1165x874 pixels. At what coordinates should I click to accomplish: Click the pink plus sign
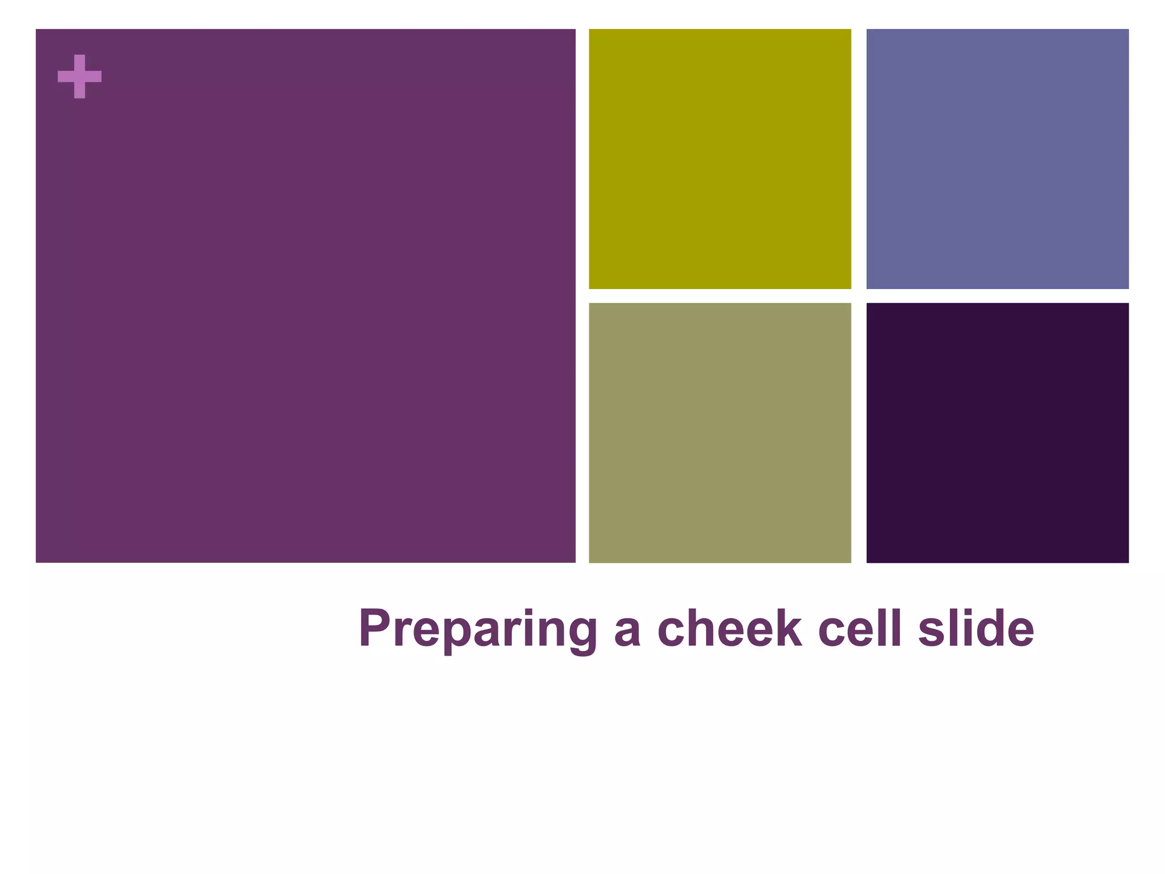click(x=80, y=76)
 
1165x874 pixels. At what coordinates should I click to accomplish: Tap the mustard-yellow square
click(x=720, y=159)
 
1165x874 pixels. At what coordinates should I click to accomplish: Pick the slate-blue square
click(x=997, y=159)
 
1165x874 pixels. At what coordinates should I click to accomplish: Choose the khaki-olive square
click(x=720, y=432)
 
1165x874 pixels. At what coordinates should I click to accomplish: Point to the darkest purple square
click(x=997, y=432)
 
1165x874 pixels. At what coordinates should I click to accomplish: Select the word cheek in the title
click(x=729, y=628)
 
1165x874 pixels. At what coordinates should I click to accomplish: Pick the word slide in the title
click(x=976, y=628)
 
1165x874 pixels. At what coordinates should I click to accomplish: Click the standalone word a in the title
click(x=627, y=633)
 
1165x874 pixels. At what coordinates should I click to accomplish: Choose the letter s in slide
click(x=931, y=633)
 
